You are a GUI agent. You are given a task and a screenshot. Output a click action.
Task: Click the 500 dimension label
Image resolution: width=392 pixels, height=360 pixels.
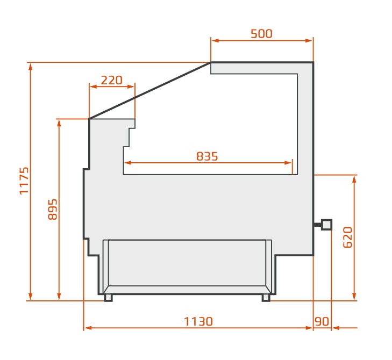(261, 34)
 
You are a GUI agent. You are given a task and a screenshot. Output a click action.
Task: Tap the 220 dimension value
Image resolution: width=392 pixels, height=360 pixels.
(111, 80)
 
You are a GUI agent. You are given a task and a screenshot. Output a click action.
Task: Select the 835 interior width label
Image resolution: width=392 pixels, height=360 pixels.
(207, 156)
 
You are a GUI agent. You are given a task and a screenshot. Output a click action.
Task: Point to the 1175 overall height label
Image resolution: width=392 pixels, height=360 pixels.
(24, 181)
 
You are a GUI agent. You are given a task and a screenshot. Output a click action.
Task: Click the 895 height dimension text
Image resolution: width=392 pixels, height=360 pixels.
(53, 210)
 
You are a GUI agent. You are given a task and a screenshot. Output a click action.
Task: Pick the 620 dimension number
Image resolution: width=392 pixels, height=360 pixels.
(348, 237)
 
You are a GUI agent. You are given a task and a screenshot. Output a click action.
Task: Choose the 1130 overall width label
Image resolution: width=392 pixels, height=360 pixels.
(198, 321)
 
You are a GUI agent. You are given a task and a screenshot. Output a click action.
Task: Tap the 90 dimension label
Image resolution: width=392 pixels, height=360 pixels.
(322, 321)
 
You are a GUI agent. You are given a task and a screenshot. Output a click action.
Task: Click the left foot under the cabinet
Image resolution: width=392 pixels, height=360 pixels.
(108, 298)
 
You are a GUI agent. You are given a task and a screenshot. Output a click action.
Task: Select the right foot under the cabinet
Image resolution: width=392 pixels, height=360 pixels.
(266, 298)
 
